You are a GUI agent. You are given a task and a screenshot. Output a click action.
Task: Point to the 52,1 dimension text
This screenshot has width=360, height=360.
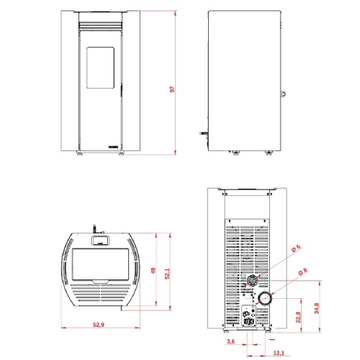[x=167, y=274]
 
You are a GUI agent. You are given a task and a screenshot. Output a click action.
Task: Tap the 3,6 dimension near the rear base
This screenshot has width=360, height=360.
[x=230, y=341]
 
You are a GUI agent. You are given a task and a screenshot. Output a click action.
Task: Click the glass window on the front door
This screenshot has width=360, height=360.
[x=99, y=66]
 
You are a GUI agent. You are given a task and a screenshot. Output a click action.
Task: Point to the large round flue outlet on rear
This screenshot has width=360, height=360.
[x=265, y=297]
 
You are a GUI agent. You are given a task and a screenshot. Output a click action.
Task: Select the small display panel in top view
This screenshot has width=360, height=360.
[x=100, y=239]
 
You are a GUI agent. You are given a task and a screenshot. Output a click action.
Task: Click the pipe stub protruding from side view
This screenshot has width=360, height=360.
[x=203, y=134]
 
